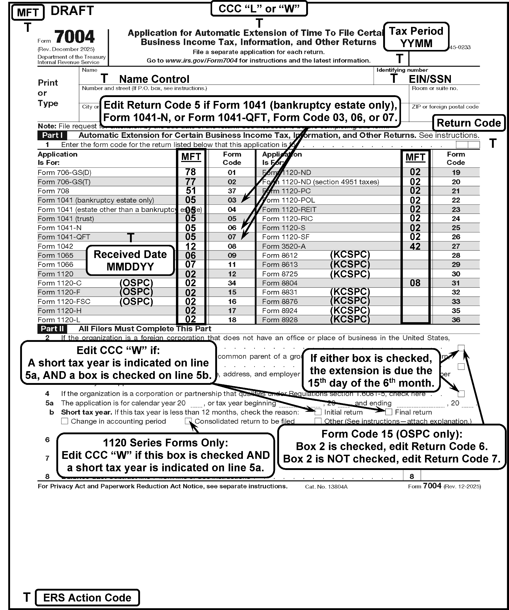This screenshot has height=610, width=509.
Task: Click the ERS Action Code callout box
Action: (x=87, y=598)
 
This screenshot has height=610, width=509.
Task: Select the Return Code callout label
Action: (x=468, y=123)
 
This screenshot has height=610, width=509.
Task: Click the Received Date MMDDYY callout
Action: (x=130, y=260)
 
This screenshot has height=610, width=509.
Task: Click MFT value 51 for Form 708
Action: (x=190, y=191)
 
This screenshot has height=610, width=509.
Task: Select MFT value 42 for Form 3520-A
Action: (x=415, y=246)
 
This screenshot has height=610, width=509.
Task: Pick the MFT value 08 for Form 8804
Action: (x=415, y=283)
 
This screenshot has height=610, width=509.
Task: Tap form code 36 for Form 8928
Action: (x=456, y=320)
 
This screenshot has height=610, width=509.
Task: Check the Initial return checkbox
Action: (x=318, y=412)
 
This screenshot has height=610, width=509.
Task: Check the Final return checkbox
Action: (x=389, y=412)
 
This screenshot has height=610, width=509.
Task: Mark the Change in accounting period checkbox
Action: (x=65, y=421)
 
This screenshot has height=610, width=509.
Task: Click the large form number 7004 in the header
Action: (x=74, y=37)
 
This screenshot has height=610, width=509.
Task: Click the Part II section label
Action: (x=52, y=329)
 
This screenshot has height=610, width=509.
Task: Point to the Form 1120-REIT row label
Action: (x=289, y=209)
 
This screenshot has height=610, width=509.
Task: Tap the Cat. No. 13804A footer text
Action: (x=326, y=487)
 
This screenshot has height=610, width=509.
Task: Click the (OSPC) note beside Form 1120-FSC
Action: (x=136, y=302)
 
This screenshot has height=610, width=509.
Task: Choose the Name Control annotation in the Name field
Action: (x=154, y=79)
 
